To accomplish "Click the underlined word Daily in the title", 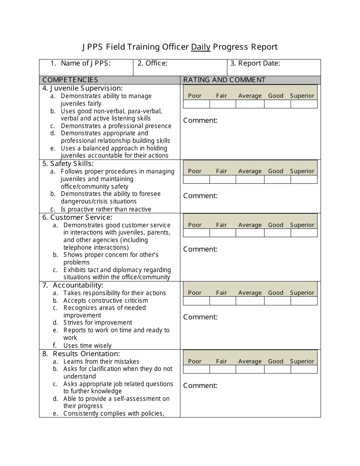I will point(200,47).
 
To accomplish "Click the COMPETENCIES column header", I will point(70,80).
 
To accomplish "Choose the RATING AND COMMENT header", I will point(224,80).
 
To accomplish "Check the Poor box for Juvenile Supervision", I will point(196,104).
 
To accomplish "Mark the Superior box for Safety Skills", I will point(304,180).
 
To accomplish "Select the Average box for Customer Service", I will point(250,233).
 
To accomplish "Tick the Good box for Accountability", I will point(277,301).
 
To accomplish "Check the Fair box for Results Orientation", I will point(222,369).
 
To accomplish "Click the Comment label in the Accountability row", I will point(200,317).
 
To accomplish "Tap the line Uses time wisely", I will point(88,346).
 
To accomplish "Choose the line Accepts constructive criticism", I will point(106,300).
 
